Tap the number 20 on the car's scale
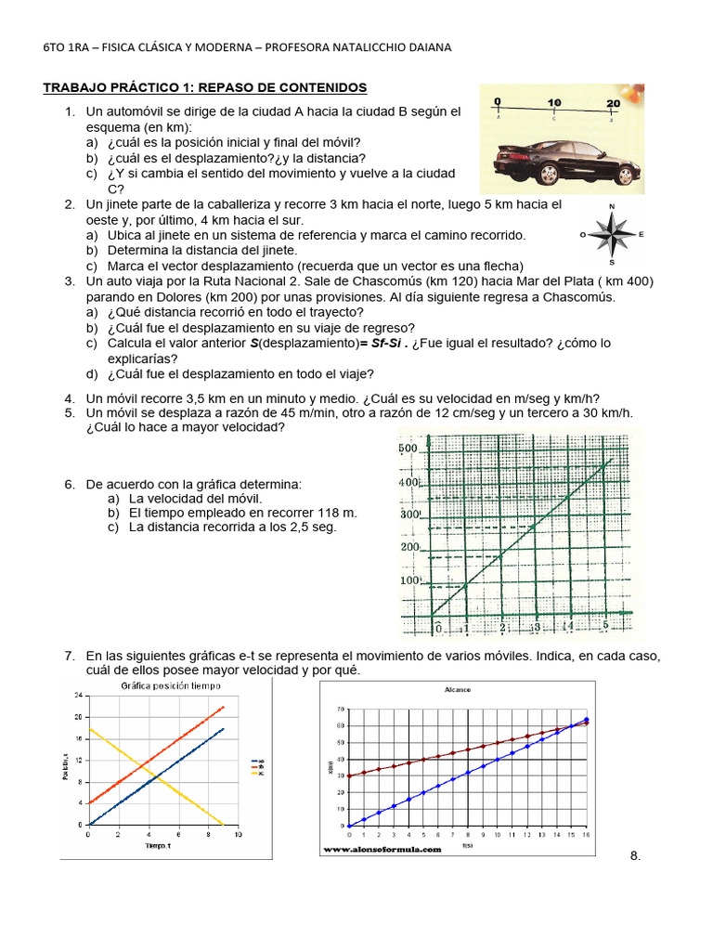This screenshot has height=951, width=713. pyautogui.click(x=613, y=103)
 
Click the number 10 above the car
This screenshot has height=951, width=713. pyautogui.click(x=554, y=103)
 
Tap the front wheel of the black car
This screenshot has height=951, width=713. pyautogui.click(x=624, y=175)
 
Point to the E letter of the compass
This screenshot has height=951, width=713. pyautogui.click(x=642, y=235)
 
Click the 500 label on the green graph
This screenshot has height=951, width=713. pyautogui.click(x=409, y=449)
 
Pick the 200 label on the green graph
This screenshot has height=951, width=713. pyautogui.click(x=409, y=547)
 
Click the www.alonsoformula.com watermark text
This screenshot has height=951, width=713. pyautogui.click(x=382, y=848)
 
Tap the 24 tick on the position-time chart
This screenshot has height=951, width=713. pyautogui.click(x=78, y=696)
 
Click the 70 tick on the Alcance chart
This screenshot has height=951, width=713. pyautogui.click(x=341, y=709)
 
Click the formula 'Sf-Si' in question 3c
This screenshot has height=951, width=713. pyautogui.click(x=385, y=344)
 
